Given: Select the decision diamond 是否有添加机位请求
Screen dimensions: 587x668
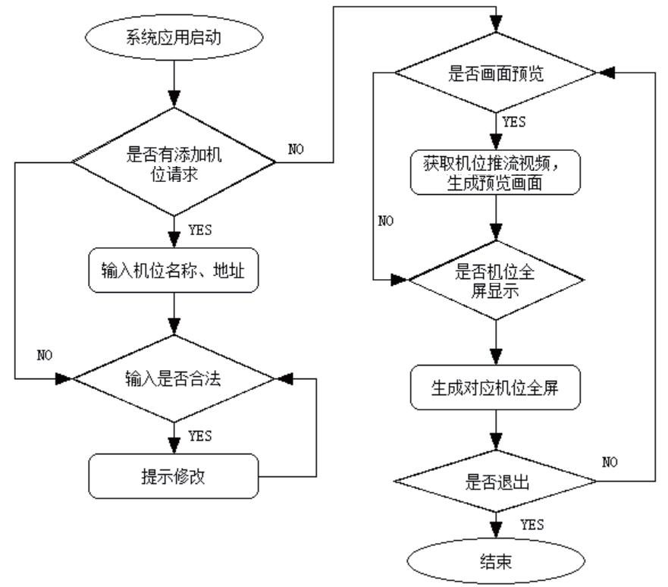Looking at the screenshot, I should [x=175, y=161].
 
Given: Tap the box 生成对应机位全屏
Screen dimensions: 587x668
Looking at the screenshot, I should [x=495, y=389].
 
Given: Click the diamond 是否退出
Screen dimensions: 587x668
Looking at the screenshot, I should [x=495, y=481].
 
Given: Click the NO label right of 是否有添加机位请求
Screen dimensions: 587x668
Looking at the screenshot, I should [x=297, y=148].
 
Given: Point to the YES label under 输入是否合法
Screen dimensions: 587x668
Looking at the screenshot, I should [x=199, y=435].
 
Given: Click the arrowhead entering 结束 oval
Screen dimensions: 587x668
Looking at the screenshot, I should [x=495, y=532].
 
